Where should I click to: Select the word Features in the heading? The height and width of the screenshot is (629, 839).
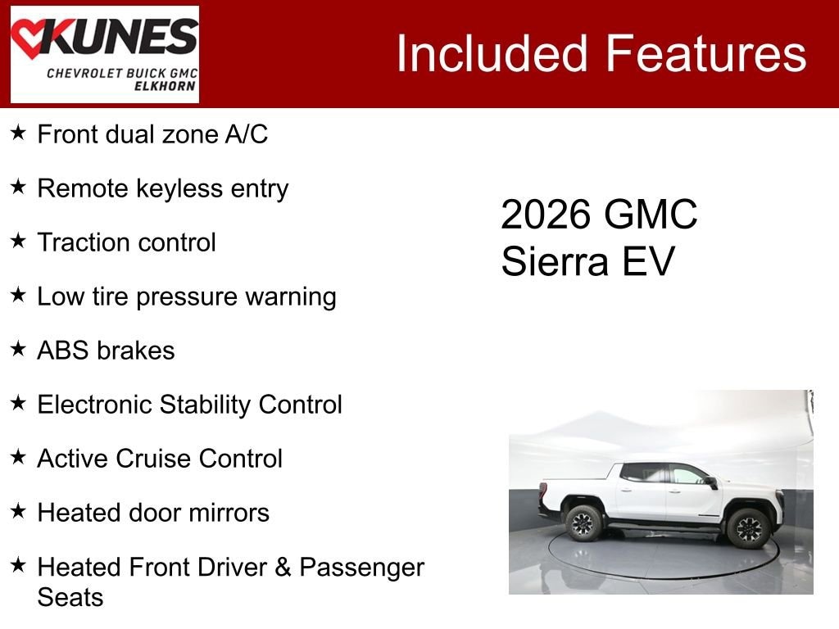point(706,54)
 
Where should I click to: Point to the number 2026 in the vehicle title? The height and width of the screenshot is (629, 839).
point(546,215)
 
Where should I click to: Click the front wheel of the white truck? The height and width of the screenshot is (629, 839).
point(748,528)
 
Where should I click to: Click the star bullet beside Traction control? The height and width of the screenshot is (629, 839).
point(19,242)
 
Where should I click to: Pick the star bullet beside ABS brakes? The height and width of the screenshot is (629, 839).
point(19,350)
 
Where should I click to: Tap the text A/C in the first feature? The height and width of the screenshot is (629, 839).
point(246,134)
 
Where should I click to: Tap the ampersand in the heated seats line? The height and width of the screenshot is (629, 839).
point(284,567)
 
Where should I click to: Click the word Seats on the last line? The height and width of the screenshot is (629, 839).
point(70,597)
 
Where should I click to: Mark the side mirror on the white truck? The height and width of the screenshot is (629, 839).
point(711,482)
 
